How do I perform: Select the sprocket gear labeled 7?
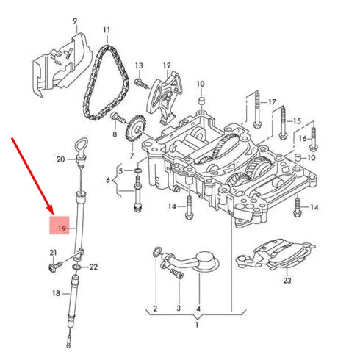pos(134,132)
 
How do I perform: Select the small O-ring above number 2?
pos(156,253)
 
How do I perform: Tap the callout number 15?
pos(297,120)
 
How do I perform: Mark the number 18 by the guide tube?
pos(56,293)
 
